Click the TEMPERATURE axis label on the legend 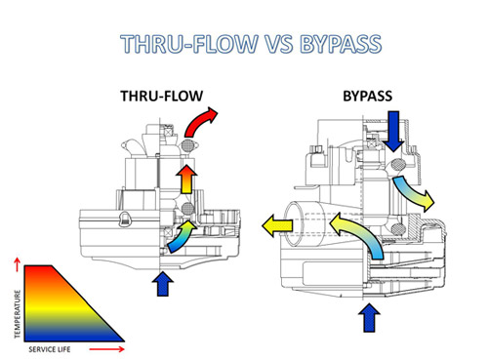click(x=17, y=312)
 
